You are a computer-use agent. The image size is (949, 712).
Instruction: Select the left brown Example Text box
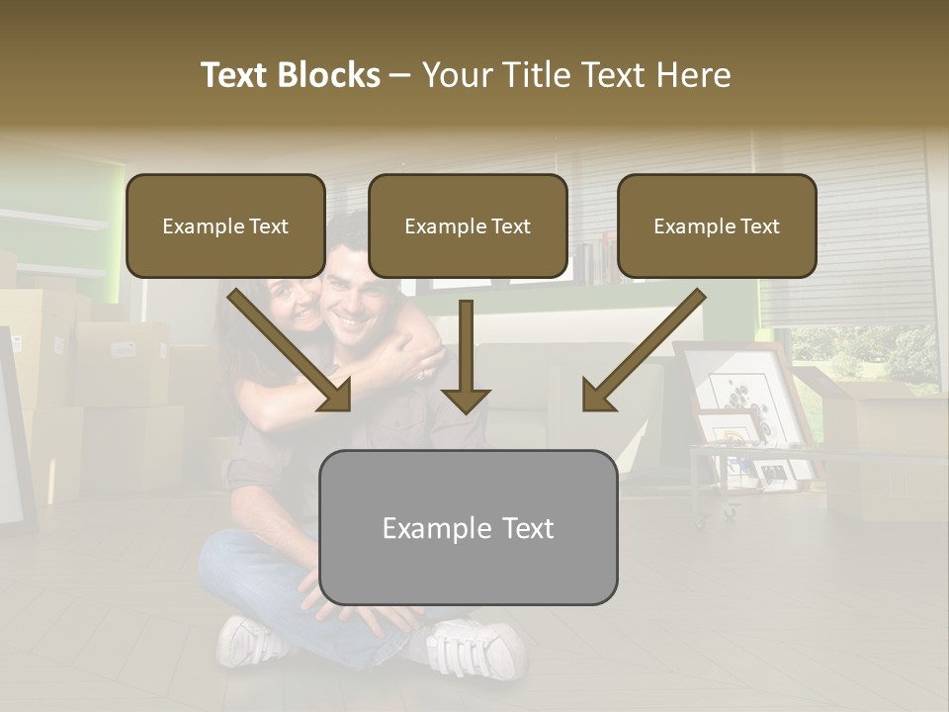pos(225,226)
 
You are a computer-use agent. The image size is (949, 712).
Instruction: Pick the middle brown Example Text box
pos(468,226)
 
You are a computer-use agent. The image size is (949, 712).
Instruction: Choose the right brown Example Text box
pos(717,226)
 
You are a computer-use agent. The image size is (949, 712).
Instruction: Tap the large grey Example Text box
pos(468,528)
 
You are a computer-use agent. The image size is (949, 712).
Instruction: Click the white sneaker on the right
pos(476,649)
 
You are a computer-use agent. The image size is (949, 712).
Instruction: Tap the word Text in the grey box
pos(528,528)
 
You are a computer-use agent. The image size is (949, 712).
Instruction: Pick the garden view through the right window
pos(870,356)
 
